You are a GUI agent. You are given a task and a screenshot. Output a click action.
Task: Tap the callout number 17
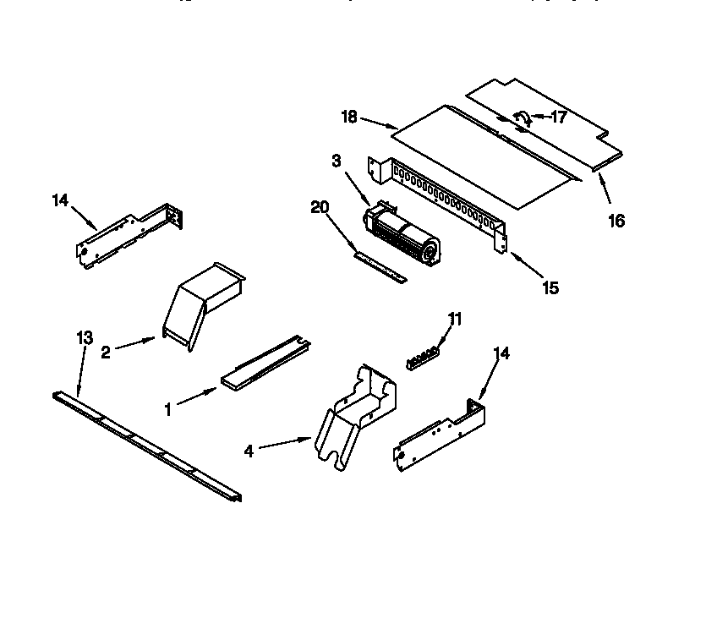click(x=558, y=118)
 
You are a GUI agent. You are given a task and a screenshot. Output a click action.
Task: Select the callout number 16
click(x=616, y=221)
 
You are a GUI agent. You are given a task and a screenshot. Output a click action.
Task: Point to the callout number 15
click(x=550, y=288)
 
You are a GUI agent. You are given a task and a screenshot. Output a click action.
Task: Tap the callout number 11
click(x=456, y=319)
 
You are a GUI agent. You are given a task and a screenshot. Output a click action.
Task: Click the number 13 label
click(x=83, y=338)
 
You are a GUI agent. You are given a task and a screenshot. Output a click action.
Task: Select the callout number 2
click(x=106, y=353)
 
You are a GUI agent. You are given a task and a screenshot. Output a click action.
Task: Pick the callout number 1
click(x=168, y=409)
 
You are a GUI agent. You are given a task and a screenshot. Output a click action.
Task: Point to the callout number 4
click(x=249, y=451)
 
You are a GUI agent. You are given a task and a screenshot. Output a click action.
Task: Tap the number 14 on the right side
click(x=501, y=354)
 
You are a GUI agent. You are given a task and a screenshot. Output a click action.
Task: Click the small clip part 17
click(x=522, y=119)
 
